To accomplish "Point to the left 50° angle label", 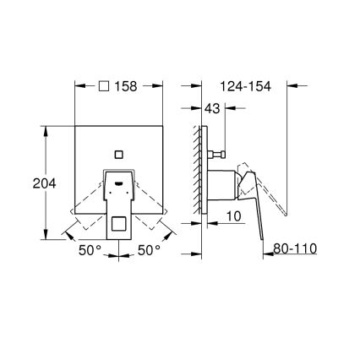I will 90,250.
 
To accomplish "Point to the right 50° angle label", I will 148,250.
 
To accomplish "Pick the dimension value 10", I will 234,216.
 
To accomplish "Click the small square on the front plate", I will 118,153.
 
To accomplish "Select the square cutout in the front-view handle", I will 118,224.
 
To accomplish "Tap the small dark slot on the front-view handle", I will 118,180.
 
